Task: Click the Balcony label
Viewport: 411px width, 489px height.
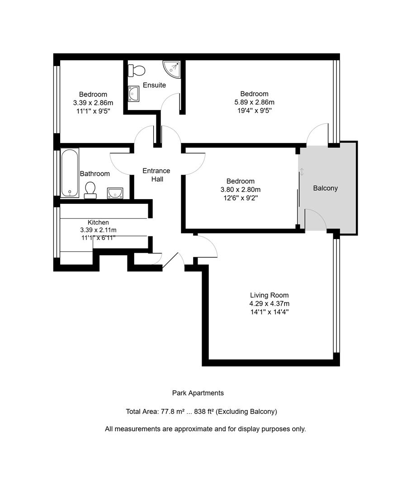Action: click(x=325, y=188)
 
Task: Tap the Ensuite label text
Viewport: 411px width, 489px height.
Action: click(x=154, y=85)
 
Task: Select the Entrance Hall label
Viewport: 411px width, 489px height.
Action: click(x=156, y=175)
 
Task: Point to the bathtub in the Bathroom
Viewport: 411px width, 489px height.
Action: click(x=70, y=173)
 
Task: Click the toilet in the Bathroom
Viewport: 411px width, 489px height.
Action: click(x=90, y=190)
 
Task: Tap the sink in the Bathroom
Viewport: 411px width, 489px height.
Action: click(x=115, y=193)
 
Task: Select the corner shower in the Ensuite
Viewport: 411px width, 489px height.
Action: click(x=173, y=68)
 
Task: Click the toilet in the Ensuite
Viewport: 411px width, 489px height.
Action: click(x=137, y=70)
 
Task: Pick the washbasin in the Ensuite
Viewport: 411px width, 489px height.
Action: click(x=134, y=94)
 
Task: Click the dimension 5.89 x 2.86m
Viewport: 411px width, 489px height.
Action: click(x=254, y=102)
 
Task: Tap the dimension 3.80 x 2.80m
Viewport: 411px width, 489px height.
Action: click(x=240, y=190)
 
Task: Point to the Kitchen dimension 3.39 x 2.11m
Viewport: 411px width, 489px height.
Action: click(x=98, y=230)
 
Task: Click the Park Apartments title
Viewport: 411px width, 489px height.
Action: click(x=198, y=393)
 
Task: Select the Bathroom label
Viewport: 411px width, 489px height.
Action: click(x=95, y=173)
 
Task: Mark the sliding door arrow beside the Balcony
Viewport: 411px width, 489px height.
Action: click(x=302, y=172)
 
